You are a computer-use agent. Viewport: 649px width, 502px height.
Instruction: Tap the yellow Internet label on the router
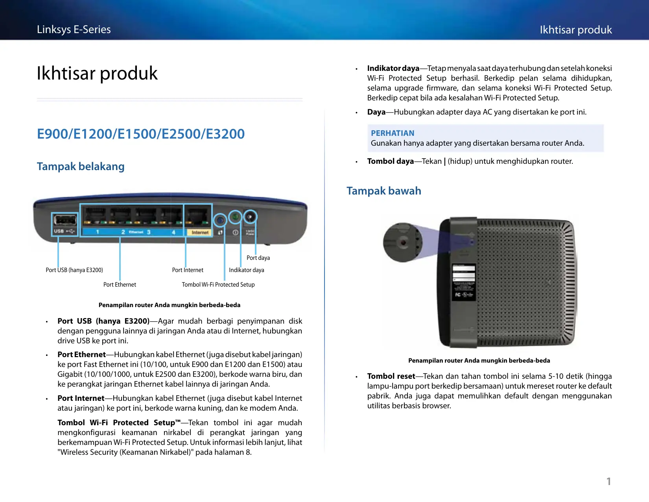click(200, 233)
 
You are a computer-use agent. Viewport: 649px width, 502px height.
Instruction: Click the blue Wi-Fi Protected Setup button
click(220, 220)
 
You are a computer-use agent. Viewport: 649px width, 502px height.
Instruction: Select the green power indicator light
click(235, 217)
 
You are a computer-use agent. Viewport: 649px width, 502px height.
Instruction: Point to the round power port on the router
click(250, 217)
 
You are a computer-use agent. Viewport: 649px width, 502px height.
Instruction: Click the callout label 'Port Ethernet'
click(120, 285)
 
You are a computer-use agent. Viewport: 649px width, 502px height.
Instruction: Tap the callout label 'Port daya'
click(258, 258)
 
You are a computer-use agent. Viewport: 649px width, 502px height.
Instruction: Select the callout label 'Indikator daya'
click(247, 270)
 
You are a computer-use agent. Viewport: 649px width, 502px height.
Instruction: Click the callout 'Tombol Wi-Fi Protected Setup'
click(218, 285)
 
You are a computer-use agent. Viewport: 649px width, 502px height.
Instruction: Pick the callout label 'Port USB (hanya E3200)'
click(74, 270)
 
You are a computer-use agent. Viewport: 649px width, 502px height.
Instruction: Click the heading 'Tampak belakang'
click(81, 167)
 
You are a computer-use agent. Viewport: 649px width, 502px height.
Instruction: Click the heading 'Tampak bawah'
click(384, 191)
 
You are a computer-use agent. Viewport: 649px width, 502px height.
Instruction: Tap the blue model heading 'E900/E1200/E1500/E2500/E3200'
click(141, 134)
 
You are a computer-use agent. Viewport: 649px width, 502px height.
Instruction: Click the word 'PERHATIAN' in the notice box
click(393, 133)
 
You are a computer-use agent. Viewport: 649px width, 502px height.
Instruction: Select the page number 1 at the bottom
click(608, 482)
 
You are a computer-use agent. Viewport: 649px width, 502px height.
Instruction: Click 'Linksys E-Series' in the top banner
click(74, 30)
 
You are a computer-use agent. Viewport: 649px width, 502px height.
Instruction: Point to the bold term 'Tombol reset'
click(391, 376)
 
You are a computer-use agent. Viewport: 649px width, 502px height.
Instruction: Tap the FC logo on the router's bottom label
click(458, 295)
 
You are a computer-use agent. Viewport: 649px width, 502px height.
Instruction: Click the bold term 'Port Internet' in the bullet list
click(81, 398)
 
